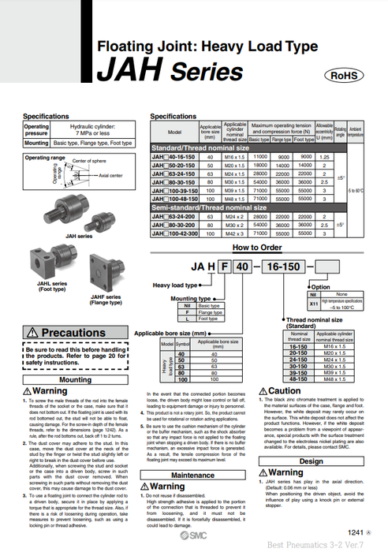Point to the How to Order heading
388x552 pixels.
click(x=256, y=247)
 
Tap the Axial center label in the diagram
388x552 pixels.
click(x=105, y=175)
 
